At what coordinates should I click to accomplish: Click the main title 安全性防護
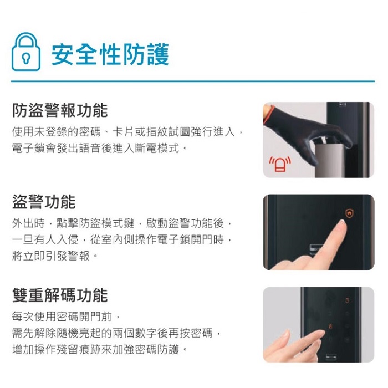click(110, 54)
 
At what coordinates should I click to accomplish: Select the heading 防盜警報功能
click(60, 110)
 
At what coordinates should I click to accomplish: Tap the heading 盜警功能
click(44, 202)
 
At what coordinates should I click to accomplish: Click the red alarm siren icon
click(279, 165)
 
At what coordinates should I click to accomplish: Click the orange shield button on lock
click(349, 212)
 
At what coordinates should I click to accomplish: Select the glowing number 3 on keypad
click(347, 301)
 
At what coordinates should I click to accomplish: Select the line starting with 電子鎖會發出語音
click(100, 149)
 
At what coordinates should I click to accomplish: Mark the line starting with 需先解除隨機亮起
click(120, 333)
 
